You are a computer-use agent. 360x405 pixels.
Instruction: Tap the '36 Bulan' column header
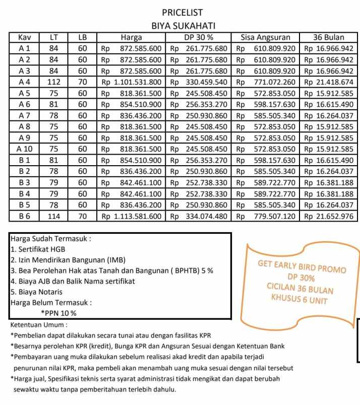coord(328,37)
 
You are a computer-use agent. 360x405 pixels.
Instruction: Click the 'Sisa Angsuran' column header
coord(265,37)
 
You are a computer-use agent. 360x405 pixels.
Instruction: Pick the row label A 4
coord(25,82)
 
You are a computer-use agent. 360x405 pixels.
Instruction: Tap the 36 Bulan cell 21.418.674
coord(328,82)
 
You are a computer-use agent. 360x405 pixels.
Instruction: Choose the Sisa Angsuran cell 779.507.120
coord(265,216)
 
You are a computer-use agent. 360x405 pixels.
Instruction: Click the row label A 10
coord(25,149)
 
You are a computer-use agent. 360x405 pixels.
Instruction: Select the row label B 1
coord(25,160)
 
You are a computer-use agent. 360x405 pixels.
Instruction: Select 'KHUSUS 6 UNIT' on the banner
coord(299,301)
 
